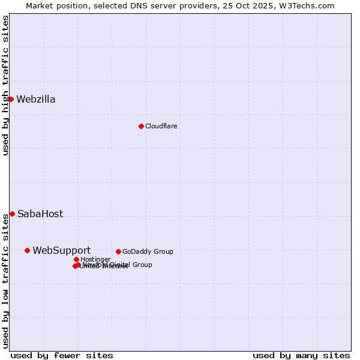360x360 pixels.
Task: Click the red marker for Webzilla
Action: (11, 99)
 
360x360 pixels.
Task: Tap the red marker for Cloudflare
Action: (141, 126)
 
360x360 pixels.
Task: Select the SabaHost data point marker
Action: (12, 214)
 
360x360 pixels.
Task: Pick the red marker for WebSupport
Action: (27, 250)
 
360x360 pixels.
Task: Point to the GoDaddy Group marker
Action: (118, 251)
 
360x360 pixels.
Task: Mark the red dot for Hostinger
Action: (76, 259)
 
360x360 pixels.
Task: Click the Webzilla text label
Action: (36, 100)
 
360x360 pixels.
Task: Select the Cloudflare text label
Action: (161, 126)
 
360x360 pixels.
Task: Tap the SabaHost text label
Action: (40, 214)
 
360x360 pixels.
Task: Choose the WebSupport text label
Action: (61, 251)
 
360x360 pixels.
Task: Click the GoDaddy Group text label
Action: (148, 251)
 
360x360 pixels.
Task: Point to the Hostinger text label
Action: (95, 259)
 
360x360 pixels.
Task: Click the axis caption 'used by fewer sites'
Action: (62, 355)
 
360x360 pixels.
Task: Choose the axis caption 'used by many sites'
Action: (301, 355)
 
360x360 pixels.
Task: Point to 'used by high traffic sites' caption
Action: (5, 85)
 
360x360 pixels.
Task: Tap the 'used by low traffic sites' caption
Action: (5, 281)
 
